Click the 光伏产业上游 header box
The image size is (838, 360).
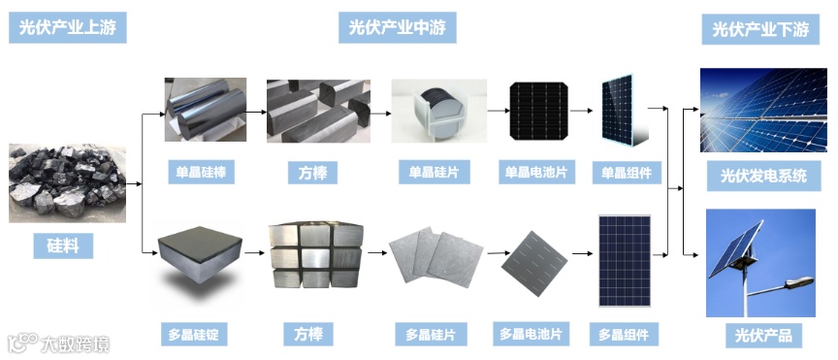pyautogui.click(x=67, y=28)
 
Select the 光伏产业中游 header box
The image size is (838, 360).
pyautogui.click(x=397, y=28)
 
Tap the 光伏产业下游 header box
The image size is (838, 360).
pyautogui.click(x=760, y=29)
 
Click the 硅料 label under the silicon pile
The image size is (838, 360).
pyautogui.click(x=63, y=246)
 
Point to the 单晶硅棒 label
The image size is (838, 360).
pyautogui.click(x=201, y=173)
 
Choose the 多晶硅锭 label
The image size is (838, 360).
pyautogui.click(x=193, y=335)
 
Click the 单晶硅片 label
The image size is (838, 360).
pyautogui.click(x=434, y=173)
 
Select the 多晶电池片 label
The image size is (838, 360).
pyautogui.click(x=531, y=335)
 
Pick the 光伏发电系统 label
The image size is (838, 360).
pyautogui.click(x=763, y=176)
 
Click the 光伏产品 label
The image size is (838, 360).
pyautogui.click(x=763, y=336)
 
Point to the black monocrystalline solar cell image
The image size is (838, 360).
pyautogui.click(x=538, y=111)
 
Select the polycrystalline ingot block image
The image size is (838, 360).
pyautogui.click(x=200, y=254)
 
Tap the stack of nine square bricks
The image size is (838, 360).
pyautogui.click(x=316, y=256)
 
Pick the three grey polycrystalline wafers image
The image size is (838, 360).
pyautogui.click(x=435, y=256)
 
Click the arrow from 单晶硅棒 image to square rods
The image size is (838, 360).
pyautogui.click(x=256, y=113)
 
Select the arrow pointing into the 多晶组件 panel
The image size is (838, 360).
pyautogui.click(x=583, y=253)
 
